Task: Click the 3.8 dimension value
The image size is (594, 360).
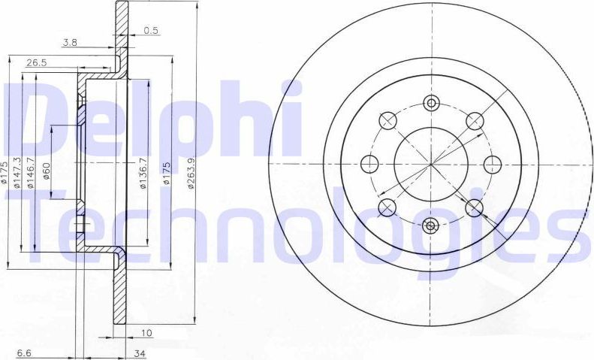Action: click(70, 43)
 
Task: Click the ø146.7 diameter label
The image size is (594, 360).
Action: click(32, 174)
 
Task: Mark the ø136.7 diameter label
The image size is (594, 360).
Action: click(143, 174)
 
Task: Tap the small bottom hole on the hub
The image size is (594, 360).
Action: click(431, 224)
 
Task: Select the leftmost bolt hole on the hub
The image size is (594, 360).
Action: click(369, 163)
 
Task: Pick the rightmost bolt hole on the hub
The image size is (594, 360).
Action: click(492, 163)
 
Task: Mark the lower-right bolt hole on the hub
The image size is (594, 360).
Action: click(475, 207)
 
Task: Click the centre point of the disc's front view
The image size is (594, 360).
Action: click(431, 163)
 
